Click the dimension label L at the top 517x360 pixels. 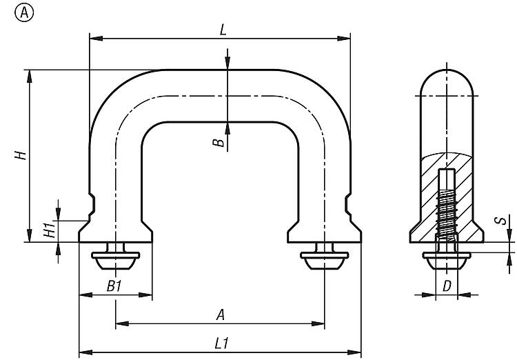pos(222,30)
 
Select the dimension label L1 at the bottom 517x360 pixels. pos(222,342)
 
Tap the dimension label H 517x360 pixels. pos(22,154)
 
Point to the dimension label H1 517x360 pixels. pos(48,230)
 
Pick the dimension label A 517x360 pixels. pos(221,314)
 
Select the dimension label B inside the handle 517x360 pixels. pos(218,143)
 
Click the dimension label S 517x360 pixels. pos(503,221)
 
